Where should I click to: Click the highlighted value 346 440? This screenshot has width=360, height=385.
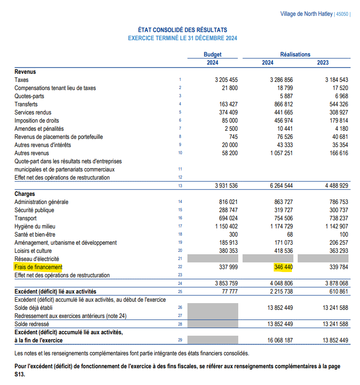click(281, 267)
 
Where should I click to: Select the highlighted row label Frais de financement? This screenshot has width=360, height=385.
click(38, 267)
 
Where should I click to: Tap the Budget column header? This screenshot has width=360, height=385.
click(212, 55)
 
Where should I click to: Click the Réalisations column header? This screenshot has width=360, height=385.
click(295, 55)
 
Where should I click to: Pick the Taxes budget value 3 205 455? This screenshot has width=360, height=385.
click(226, 80)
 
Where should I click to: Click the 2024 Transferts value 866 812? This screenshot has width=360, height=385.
click(281, 104)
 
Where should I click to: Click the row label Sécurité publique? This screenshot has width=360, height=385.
click(34, 210)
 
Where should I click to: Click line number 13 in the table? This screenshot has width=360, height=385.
click(180, 185)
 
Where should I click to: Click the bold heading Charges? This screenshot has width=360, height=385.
click(24, 194)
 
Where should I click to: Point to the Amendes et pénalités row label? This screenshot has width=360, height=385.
click(39, 129)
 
